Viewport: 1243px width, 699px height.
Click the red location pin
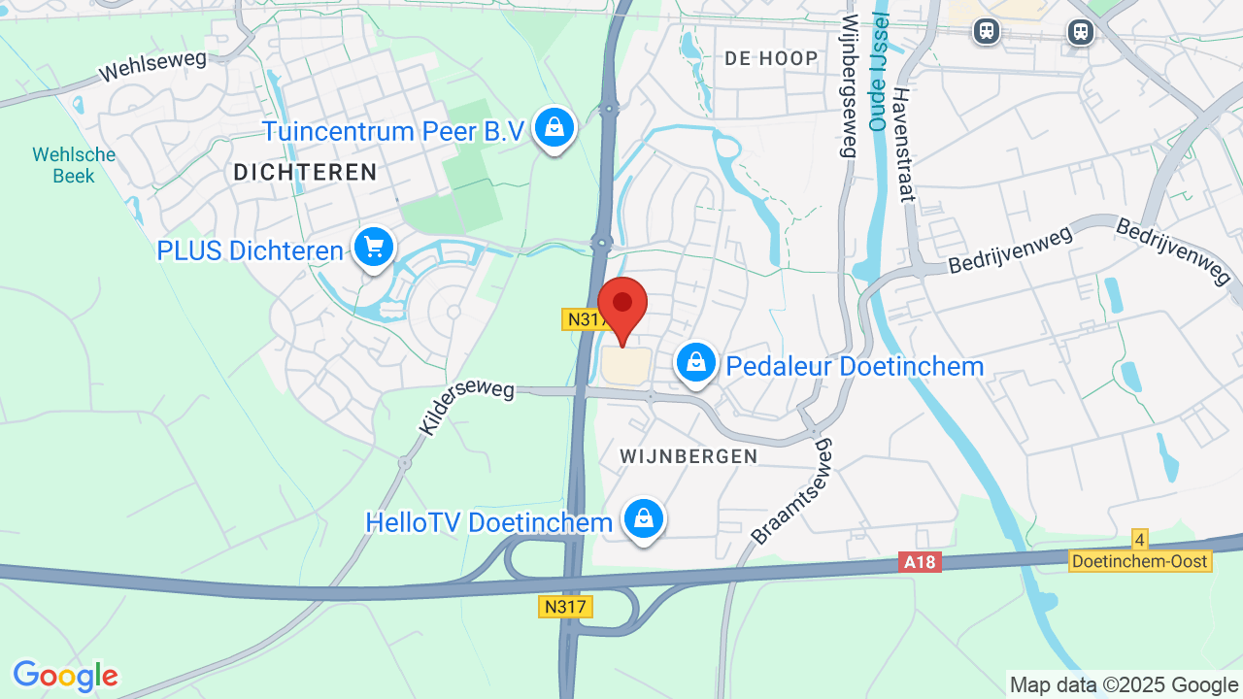coord(622,306)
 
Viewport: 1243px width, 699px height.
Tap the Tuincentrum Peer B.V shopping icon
coord(554,127)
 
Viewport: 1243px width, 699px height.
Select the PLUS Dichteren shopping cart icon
coord(374,248)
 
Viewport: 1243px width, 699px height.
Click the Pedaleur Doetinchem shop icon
coord(695,363)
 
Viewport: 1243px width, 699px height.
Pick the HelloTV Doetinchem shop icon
coord(643,518)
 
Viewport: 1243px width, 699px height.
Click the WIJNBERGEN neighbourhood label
coord(689,456)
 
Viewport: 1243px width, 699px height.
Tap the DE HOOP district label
coord(771,58)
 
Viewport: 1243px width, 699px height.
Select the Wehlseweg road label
coord(153,66)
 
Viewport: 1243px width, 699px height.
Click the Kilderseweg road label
coord(466,408)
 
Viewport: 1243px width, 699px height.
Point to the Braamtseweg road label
coord(792,490)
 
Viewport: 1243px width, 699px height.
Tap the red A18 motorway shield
coord(921,562)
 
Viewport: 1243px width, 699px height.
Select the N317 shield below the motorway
coord(565,607)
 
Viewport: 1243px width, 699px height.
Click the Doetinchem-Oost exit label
coord(1140,561)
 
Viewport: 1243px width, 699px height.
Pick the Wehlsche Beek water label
coord(74,165)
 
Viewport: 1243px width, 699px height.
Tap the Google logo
coord(65,676)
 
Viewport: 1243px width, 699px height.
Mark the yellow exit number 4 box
coord(1140,539)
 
